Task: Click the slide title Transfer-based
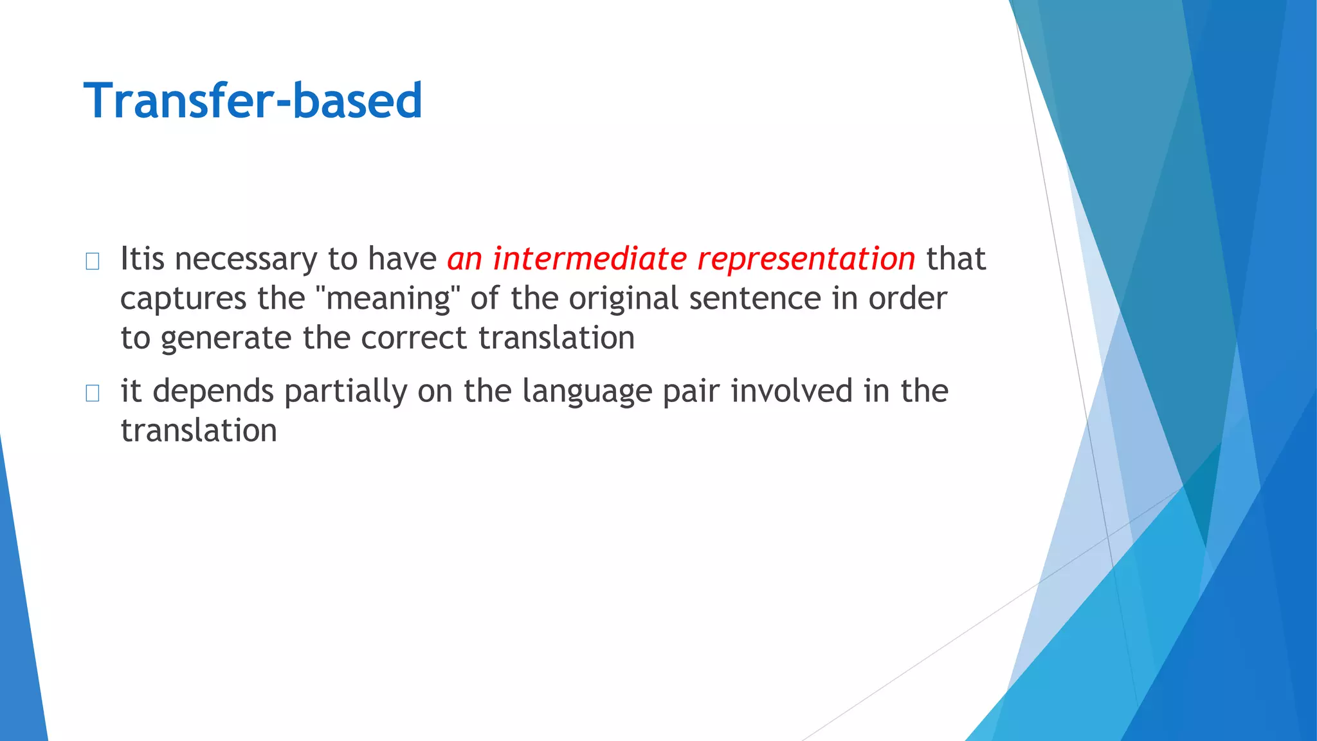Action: (x=253, y=101)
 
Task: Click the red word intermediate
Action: (x=590, y=259)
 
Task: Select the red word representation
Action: (x=806, y=259)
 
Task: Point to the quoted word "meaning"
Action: (x=388, y=298)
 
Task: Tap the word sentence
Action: (x=755, y=298)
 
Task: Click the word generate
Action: (x=226, y=339)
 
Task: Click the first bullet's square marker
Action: (x=92, y=261)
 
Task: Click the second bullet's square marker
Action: (x=92, y=393)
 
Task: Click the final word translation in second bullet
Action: (x=199, y=430)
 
